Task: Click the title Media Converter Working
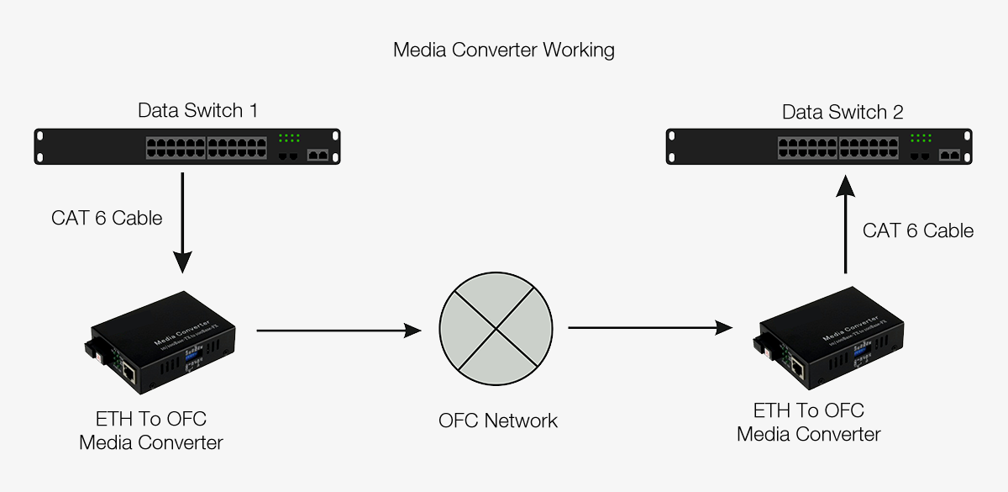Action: coord(503,50)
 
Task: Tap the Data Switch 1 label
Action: coord(197,110)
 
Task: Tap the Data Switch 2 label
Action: coord(843,112)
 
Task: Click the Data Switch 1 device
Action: coord(186,147)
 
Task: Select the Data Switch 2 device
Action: coord(819,147)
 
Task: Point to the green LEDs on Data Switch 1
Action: coord(289,138)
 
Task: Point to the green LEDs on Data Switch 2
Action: coord(921,138)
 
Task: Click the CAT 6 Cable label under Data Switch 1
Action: coord(107,218)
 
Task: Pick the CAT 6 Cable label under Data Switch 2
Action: coord(918,230)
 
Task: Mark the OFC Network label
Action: coord(497,421)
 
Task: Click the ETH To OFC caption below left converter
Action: coord(151,419)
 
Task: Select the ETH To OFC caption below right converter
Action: coord(809,410)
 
